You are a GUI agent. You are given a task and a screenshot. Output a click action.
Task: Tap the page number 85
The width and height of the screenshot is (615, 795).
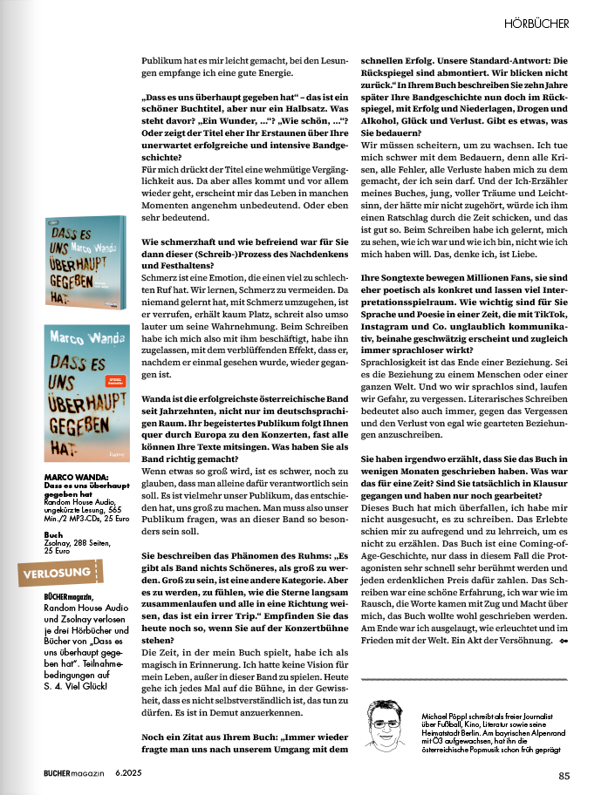[x=564, y=775]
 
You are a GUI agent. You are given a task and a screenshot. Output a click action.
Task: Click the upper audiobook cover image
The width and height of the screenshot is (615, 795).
[x=85, y=262]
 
